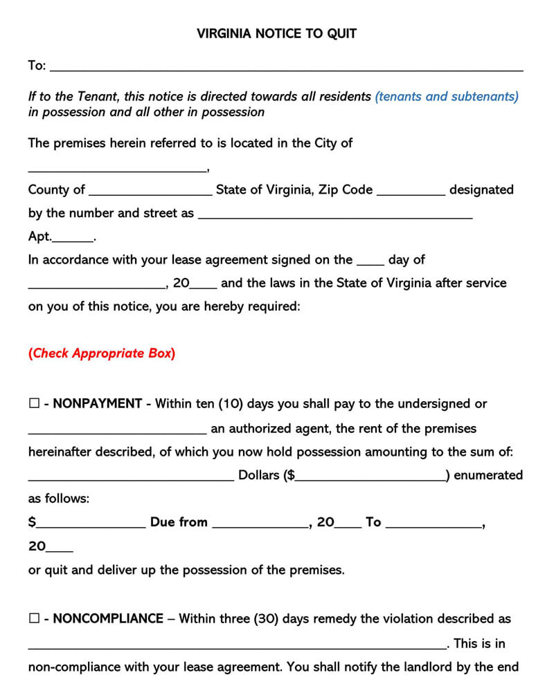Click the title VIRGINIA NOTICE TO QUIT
click(276, 33)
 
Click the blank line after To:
click(287, 68)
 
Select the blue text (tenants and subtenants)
click(446, 97)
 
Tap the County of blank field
click(150, 192)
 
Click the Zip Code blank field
click(411, 192)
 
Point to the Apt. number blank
click(73, 239)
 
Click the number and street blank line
click(335, 216)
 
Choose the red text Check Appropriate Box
click(102, 353)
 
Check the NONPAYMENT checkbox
click(34, 404)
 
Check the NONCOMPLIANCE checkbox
click(34, 619)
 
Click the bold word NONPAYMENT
click(97, 404)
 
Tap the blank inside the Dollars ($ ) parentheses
click(370, 477)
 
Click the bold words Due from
click(179, 523)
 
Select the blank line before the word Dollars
click(131, 477)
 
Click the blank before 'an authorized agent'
click(117, 431)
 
